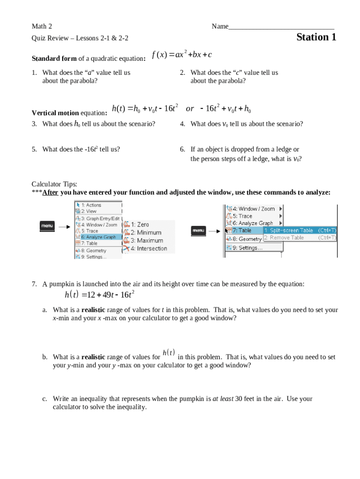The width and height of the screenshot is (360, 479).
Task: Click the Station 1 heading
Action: coord(316,37)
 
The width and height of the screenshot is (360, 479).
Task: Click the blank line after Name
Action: coord(281,27)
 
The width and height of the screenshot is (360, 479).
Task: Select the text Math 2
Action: coord(42,27)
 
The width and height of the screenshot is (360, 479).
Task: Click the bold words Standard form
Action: coord(54,59)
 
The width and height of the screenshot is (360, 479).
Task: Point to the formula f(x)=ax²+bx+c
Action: coord(182,55)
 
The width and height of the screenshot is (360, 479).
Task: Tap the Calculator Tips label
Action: coord(54,184)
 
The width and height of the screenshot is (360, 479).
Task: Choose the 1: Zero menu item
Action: coord(140,225)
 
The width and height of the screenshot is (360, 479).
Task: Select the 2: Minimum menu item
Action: coord(146,232)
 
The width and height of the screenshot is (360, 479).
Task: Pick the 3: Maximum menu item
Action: coord(146,240)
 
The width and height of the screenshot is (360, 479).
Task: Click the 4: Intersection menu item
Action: coord(149,248)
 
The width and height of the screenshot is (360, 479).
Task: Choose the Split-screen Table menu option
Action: coord(288,230)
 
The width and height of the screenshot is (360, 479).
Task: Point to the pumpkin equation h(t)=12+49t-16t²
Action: coord(100,295)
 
